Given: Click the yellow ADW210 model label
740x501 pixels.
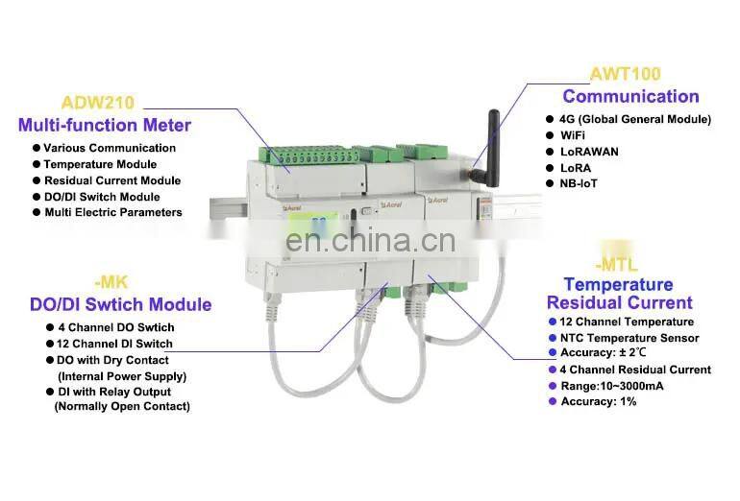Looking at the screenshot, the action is click(98, 103).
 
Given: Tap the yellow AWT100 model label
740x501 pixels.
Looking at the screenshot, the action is click(626, 74).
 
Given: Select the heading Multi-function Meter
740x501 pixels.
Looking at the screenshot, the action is click(105, 126).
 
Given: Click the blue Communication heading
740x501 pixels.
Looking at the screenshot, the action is click(630, 96).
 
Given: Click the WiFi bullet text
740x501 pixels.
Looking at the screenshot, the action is click(573, 135).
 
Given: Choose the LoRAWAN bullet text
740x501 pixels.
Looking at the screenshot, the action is click(589, 152).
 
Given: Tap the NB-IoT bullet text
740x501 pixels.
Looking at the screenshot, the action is click(579, 183).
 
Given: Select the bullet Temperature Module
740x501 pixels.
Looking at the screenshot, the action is click(100, 164).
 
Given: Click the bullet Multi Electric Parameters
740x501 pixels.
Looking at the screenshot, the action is click(113, 212).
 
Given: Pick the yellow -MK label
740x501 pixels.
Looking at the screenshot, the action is click(111, 282).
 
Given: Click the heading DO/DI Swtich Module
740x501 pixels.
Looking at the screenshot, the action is click(121, 304).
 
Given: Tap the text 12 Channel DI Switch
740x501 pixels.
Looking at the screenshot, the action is click(114, 344).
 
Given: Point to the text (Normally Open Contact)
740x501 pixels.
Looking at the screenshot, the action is click(122, 406).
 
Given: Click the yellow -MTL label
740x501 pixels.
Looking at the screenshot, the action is click(616, 265).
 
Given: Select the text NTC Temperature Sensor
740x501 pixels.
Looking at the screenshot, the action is click(629, 338).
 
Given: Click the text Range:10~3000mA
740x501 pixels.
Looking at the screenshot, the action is click(612, 386).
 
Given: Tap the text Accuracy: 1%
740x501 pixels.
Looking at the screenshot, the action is click(599, 401).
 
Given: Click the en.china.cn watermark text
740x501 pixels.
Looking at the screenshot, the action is click(370, 240).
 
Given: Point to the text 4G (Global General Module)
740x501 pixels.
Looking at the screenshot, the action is click(635, 120).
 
